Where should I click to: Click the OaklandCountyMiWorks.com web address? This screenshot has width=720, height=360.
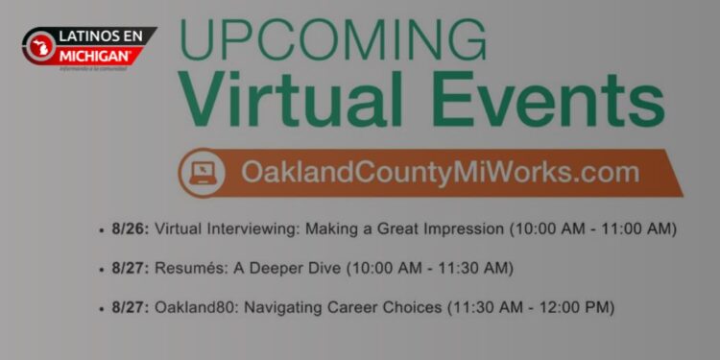[440, 173]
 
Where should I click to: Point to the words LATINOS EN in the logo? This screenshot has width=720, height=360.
[101, 36]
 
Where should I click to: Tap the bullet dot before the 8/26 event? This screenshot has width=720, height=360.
[102, 230]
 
